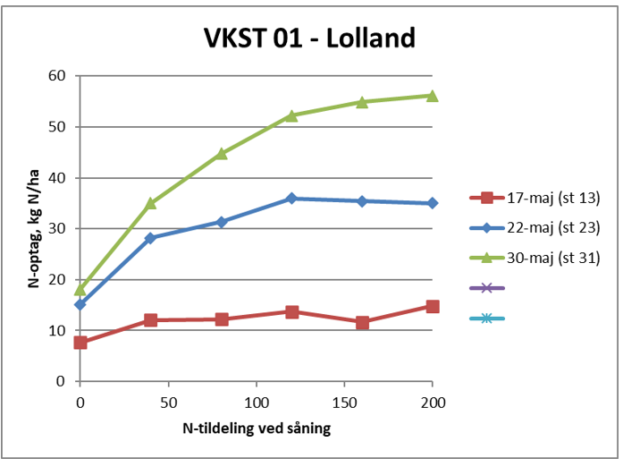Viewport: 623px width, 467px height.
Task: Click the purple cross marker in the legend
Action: pos(486,288)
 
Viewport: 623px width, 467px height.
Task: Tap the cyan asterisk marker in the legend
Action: pos(486,318)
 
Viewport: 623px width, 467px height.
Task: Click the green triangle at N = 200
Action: pos(432,96)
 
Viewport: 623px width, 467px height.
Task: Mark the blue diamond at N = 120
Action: pos(291,199)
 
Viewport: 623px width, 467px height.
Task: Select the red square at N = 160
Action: pos(362,322)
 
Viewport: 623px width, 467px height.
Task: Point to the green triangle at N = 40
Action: pos(150,203)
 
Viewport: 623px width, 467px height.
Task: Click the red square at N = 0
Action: pos(80,343)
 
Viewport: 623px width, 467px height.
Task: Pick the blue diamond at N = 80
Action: pos(221,222)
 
